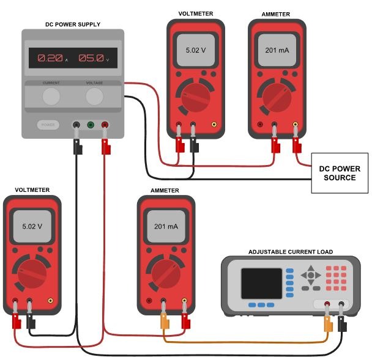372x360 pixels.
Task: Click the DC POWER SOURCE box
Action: click(x=340, y=173)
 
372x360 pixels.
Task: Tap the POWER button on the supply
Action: click(x=48, y=124)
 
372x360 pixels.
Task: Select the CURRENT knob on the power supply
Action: click(x=51, y=96)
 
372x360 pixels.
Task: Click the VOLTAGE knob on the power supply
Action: click(x=94, y=96)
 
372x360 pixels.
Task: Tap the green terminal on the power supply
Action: click(x=91, y=125)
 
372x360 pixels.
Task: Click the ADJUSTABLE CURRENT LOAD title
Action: click(x=290, y=252)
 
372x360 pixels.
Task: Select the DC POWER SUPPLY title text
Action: click(x=73, y=24)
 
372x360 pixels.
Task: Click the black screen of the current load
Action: click(x=261, y=283)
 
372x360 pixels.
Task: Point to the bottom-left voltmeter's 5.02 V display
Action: click(x=32, y=226)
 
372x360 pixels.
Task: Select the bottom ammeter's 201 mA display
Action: click(x=166, y=226)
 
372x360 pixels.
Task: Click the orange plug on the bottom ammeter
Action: click(x=164, y=320)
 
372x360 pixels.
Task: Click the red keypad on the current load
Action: click(x=336, y=277)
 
